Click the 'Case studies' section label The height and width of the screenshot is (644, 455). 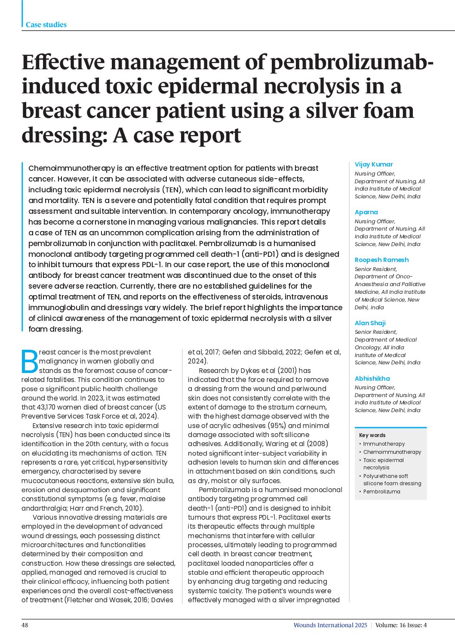tap(46, 25)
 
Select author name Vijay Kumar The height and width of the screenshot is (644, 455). tap(373, 164)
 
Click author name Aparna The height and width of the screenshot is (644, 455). tap(366, 212)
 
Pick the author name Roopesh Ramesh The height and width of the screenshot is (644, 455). tap(381, 260)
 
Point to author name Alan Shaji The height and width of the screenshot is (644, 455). tap(370, 323)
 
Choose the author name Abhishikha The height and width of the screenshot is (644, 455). tap(372, 379)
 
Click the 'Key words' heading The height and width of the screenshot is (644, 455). tap(372, 435)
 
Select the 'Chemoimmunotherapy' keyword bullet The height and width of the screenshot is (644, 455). tap(392, 452)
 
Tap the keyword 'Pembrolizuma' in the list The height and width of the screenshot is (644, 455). tap(381, 492)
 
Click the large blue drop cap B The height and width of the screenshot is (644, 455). tap(29, 361)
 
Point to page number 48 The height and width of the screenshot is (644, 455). tap(25, 625)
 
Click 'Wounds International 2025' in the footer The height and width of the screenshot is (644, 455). tap(330, 625)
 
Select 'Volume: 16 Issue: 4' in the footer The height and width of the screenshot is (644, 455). tap(401, 625)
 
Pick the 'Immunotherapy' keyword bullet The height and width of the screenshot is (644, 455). tap(384, 444)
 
